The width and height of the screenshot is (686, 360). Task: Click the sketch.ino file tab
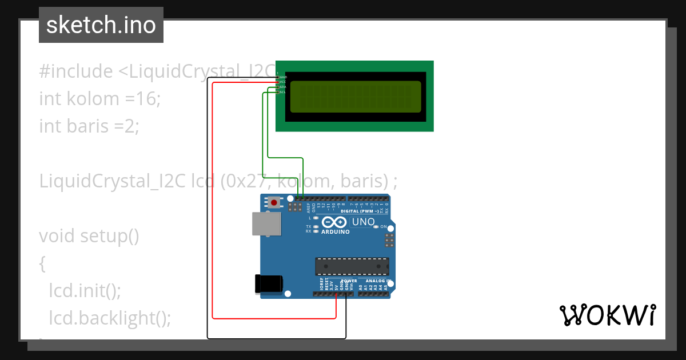point(101,25)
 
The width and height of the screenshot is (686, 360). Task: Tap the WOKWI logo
point(607,315)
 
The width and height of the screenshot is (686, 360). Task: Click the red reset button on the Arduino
point(275,202)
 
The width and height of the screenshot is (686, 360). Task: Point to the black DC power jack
point(269,284)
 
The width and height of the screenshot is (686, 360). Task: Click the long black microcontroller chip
point(352,266)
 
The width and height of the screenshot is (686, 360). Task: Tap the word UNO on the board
point(363,222)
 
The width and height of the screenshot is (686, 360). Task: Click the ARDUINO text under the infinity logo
point(335,232)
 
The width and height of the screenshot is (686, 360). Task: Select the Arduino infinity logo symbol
point(334,222)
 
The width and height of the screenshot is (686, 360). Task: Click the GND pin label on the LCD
point(283,77)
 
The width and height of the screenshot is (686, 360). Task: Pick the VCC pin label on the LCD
point(282,82)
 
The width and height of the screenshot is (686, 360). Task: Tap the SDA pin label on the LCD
point(282,87)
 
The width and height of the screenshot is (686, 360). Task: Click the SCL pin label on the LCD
point(282,92)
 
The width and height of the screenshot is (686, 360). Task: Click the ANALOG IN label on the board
point(377,281)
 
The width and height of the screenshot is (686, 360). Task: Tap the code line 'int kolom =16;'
point(100,99)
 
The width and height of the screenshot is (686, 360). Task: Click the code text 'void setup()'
point(89,235)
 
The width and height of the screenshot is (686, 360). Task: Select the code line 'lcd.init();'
point(85,290)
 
